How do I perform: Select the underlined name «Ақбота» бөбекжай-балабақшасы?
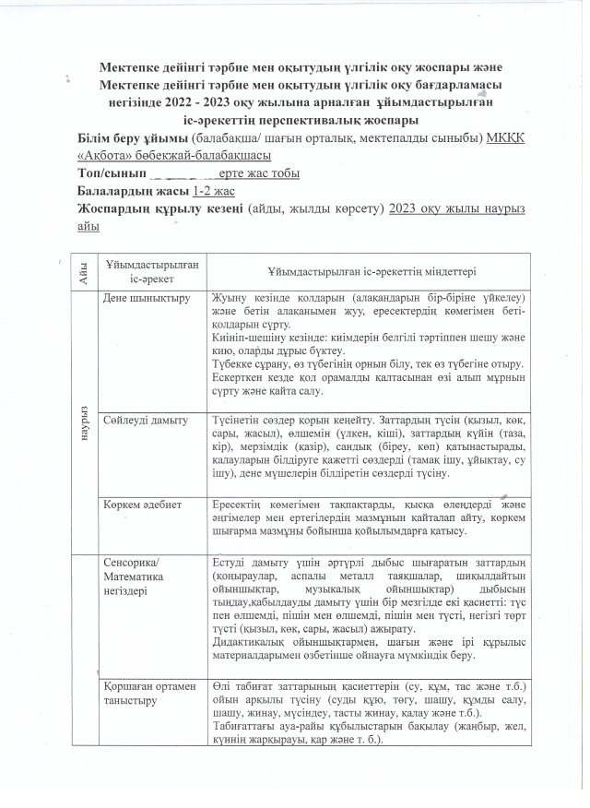pos(175,157)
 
